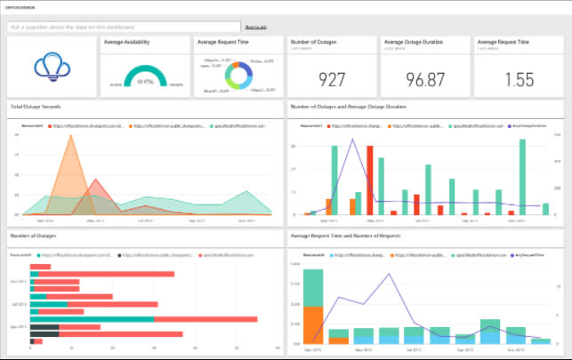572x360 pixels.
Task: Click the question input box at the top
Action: click(125, 28)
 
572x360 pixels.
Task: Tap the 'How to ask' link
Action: click(254, 28)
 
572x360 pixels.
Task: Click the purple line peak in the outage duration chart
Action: click(367, 143)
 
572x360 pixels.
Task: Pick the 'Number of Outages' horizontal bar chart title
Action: click(33, 236)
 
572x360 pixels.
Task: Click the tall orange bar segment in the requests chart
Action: click(313, 318)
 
